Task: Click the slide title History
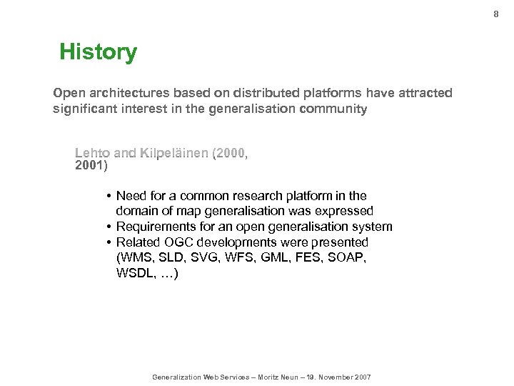[x=98, y=52]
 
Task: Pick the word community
[x=332, y=109]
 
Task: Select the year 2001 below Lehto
[x=89, y=166]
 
